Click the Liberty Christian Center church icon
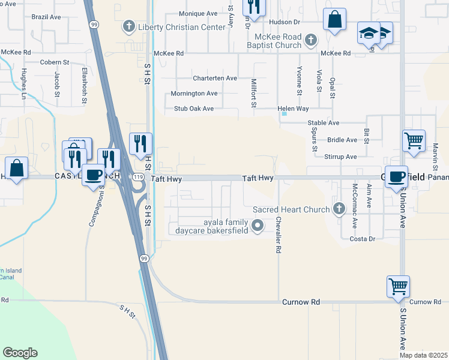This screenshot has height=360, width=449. point(127,26)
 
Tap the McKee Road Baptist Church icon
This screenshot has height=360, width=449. point(310,40)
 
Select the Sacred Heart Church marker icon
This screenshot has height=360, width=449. point(339,209)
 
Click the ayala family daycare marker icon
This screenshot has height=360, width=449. point(258,226)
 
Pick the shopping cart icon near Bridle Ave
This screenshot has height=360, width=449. point(414,140)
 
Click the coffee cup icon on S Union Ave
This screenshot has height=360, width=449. point(396,176)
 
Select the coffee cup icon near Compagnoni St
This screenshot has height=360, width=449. point(93,175)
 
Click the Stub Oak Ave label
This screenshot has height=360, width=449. point(194,109)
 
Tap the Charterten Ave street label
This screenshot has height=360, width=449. point(215,78)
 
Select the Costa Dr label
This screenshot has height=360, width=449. point(362,239)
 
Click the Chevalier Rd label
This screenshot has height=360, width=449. point(279,235)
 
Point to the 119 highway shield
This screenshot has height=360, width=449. point(139,178)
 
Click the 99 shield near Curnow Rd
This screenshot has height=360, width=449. point(143,258)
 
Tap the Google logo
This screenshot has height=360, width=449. point(20,353)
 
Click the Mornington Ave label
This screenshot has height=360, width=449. point(194,94)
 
